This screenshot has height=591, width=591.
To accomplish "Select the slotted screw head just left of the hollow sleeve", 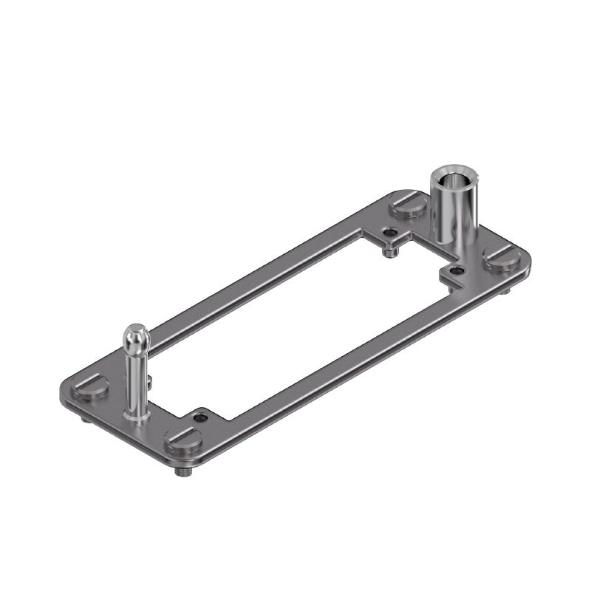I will [409, 205].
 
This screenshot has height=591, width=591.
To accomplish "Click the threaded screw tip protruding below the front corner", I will [182, 471].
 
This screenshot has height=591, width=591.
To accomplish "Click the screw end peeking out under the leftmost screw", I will [85, 419].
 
